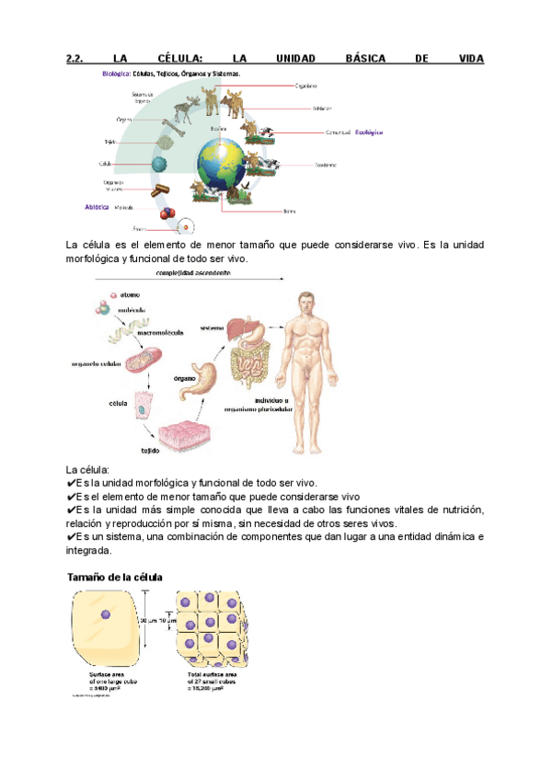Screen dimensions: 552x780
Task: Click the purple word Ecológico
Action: coord(368,132)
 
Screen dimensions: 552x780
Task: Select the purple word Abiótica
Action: coord(98,208)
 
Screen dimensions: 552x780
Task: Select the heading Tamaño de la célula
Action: coord(113,578)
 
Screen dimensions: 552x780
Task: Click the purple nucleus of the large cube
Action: coord(106,614)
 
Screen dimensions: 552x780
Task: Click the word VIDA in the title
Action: coord(469,59)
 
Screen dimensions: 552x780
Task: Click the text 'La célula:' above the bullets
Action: coord(88,469)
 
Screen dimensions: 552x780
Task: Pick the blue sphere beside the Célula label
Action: coord(160,165)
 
